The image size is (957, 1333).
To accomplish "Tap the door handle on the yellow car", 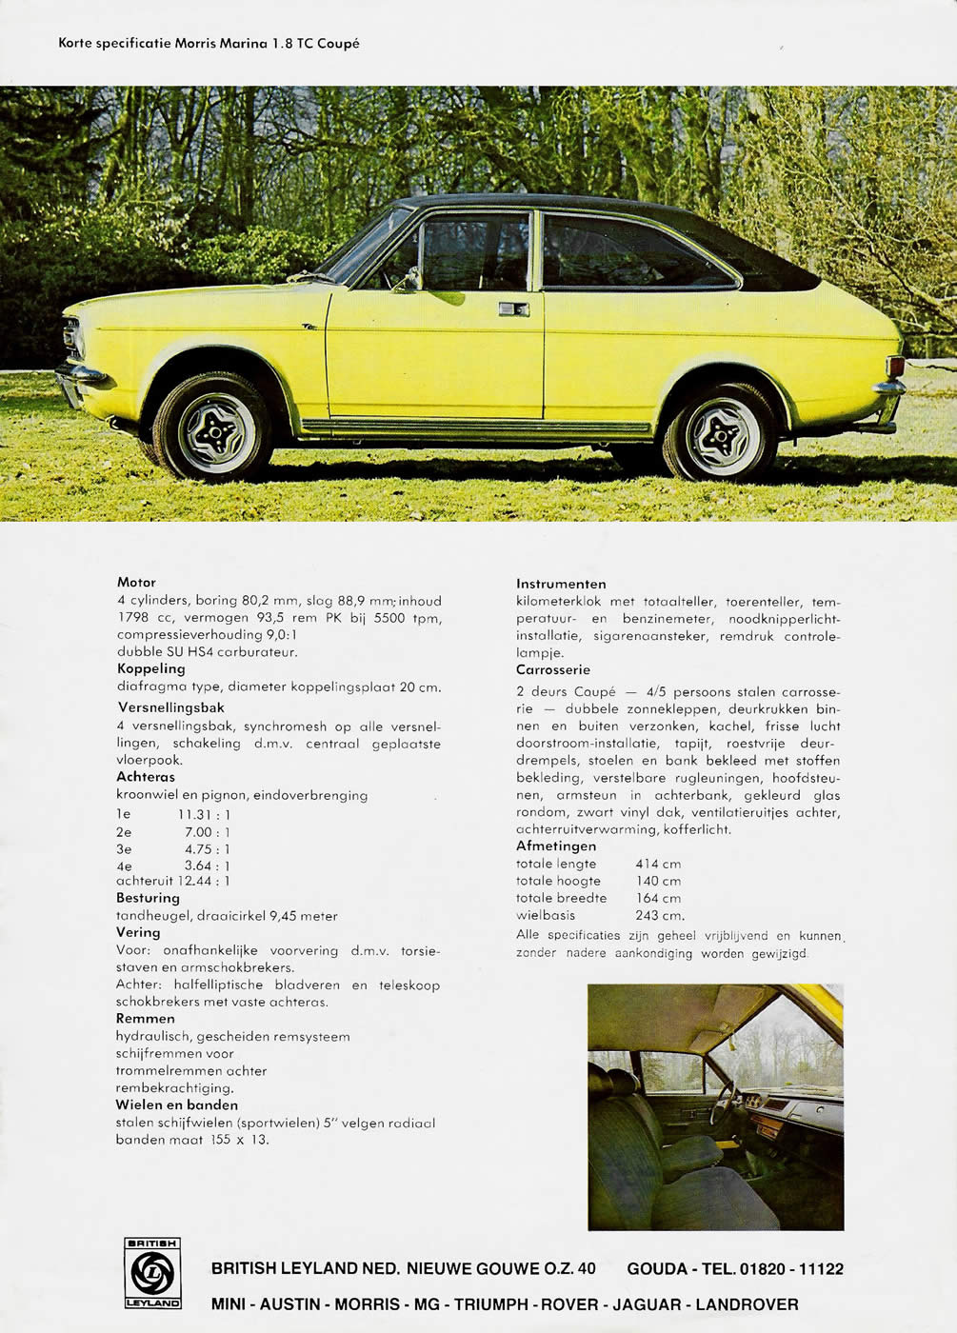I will [x=512, y=308].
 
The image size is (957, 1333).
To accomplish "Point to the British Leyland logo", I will [x=152, y=1273].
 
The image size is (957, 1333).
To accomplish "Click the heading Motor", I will [x=136, y=582].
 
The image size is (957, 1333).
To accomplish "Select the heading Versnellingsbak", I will [x=171, y=707].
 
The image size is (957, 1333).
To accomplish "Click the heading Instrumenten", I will [x=561, y=584].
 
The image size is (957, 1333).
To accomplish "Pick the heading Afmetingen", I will [x=556, y=846].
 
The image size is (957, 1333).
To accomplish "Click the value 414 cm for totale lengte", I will [x=658, y=864].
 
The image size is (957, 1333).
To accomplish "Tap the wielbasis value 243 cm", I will [x=660, y=915].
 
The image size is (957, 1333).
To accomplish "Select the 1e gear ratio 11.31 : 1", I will [x=204, y=814].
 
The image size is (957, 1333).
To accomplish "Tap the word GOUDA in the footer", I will [x=658, y=1268].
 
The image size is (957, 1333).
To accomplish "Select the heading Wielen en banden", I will [x=177, y=1104].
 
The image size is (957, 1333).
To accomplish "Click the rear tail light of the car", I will [x=894, y=367].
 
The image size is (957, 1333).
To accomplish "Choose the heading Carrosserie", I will [x=553, y=669].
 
